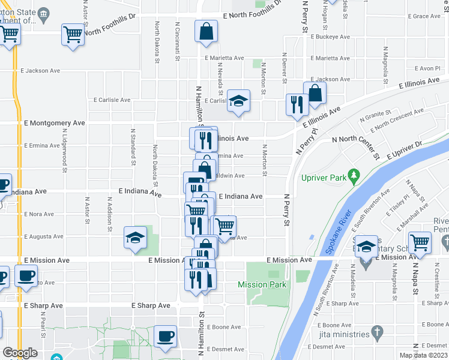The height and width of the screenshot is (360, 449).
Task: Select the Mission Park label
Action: click(262, 284)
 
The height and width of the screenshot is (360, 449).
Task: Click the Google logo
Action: click(20, 353)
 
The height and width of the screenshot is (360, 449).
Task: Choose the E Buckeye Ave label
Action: click(330, 37)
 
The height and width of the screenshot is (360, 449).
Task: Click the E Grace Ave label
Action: click(423, 17)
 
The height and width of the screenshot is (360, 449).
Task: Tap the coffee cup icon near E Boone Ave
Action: click(165, 336)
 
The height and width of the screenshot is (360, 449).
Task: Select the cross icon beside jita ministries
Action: click(377, 331)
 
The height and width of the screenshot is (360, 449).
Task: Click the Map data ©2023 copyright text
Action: click(423, 355)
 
